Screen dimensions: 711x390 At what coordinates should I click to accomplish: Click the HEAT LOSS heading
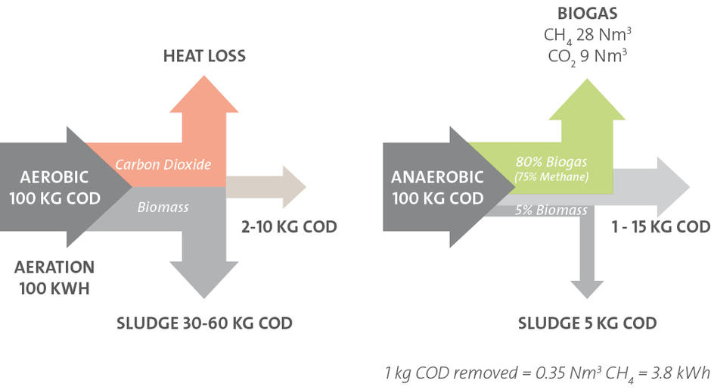(x=204, y=56)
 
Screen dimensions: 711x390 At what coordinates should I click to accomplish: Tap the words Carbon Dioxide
(x=163, y=164)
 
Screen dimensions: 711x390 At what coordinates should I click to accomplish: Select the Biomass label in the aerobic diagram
(x=163, y=207)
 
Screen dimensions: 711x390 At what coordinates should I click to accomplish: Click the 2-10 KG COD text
(x=289, y=226)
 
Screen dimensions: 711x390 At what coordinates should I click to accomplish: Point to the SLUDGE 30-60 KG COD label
(x=204, y=323)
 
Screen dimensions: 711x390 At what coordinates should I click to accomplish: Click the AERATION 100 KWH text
(x=54, y=277)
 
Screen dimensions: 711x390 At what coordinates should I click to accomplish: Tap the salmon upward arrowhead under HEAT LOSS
(x=204, y=94)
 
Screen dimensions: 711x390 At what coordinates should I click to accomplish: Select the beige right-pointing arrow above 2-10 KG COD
(x=266, y=186)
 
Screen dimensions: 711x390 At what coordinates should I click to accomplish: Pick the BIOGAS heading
(x=587, y=13)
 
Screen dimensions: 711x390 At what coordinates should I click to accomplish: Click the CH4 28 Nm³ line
(x=587, y=36)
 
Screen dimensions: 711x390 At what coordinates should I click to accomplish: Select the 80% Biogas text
(x=551, y=161)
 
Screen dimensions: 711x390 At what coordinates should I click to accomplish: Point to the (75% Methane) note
(x=551, y=176)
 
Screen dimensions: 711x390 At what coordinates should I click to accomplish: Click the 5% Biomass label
(x=551, y=211)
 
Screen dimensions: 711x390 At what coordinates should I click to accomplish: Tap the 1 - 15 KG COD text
(x=660, y=226)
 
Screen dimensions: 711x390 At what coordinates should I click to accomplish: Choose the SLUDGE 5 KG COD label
(x=587, y=323)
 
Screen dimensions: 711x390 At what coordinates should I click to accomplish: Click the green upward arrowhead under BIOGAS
(x=587, y=99)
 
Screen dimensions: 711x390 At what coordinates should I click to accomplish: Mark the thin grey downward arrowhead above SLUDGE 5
(x=587, y=290)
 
